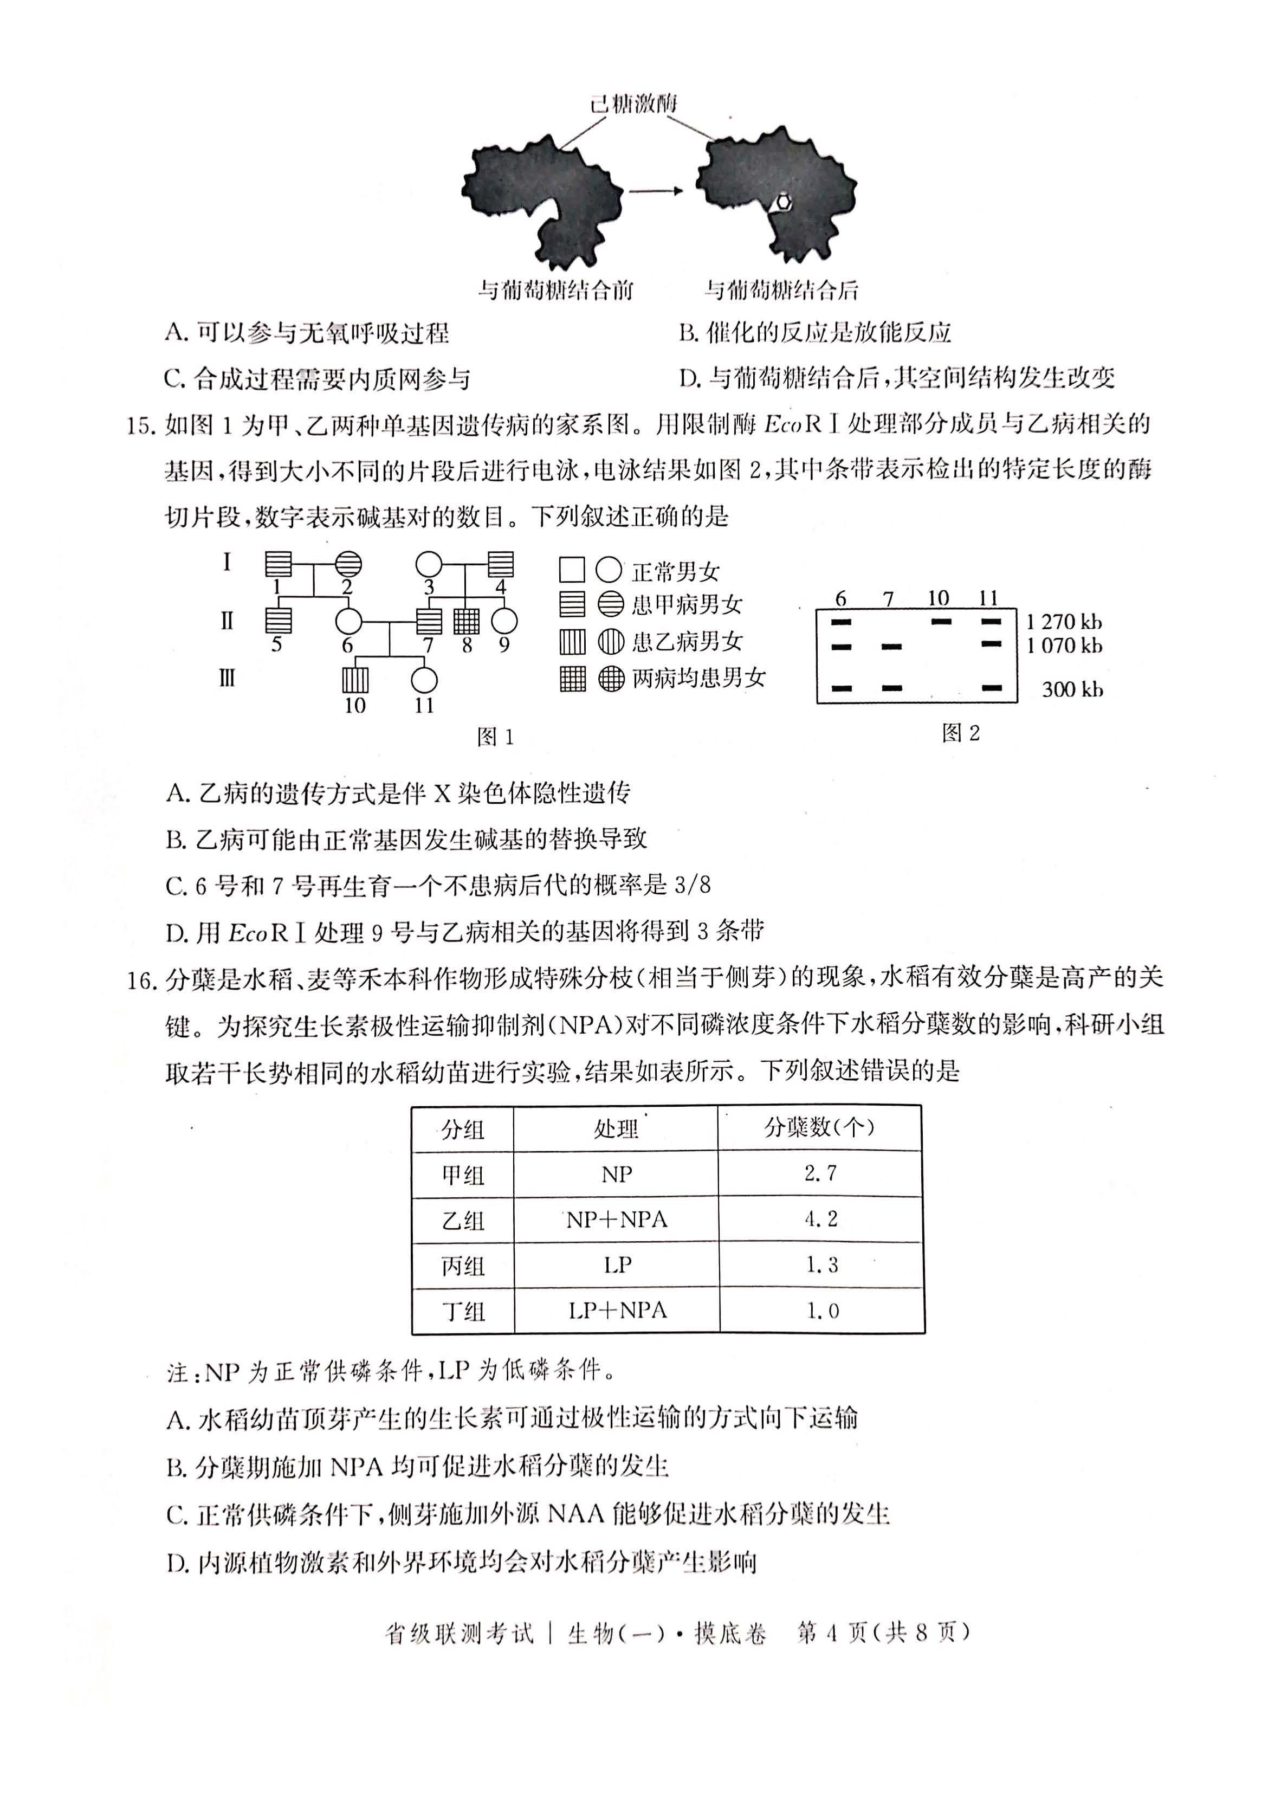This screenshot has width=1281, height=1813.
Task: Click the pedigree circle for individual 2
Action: coord(349,565)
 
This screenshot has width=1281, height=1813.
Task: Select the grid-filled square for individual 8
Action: coord(467,622)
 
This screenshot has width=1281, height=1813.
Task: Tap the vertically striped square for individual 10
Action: coord(355,679)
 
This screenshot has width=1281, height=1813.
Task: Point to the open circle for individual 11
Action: coord(425,679)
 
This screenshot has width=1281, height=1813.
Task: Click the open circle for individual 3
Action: coord(429,565)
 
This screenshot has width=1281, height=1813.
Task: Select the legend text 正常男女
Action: coord(676,571)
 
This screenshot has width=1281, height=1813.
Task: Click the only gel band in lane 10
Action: coord(941,622)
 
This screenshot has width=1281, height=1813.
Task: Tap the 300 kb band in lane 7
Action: coord(892,688)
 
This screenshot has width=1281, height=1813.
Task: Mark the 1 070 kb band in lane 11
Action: coord(991,645)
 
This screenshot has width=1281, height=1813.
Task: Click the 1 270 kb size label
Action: coord(1064,622)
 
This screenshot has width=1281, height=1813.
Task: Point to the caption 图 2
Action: coord(961,733)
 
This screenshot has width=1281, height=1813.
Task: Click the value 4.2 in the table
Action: coord(821,1219)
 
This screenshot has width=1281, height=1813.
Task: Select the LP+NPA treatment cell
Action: coord(617,1311)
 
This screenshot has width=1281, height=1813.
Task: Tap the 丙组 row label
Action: coord(463,1266)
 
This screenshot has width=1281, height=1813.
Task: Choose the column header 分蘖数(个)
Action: coord(819,1127)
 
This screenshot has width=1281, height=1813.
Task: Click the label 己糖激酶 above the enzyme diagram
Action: coord(634,104)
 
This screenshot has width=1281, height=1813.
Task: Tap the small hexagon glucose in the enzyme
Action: coord(781,202)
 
